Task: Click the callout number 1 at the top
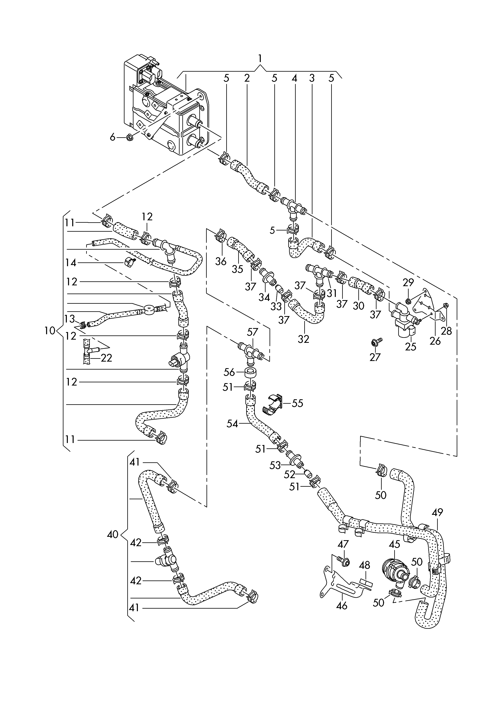[260, 58]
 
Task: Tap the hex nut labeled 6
[129, 137]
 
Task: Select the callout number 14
[71, 263]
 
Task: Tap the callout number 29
[408, 282]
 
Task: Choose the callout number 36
[220, 261]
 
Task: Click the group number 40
[113, 535]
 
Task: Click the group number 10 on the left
[50, 331]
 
